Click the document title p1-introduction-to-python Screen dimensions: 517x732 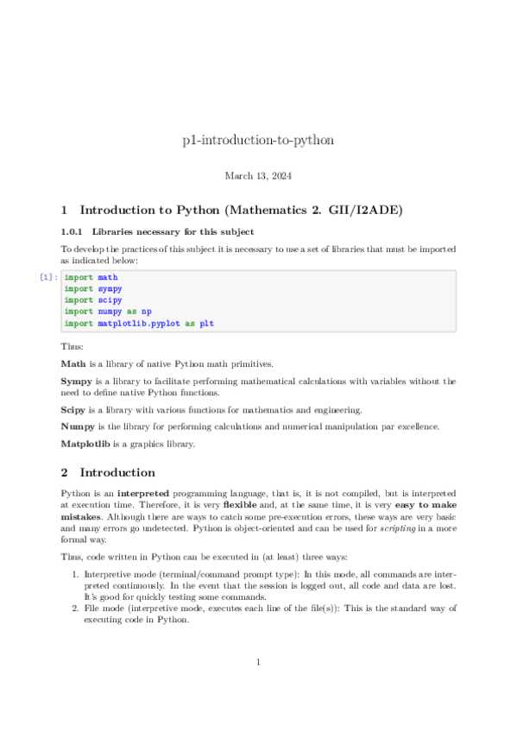258,140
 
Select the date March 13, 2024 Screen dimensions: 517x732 258,176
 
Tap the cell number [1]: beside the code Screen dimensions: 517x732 49,278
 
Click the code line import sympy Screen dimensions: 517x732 92,289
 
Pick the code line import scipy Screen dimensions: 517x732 92,300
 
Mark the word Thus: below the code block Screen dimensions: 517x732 73,346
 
